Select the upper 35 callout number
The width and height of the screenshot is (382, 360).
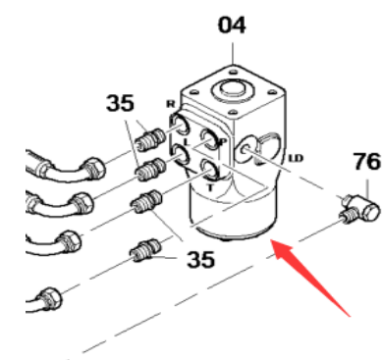(121, 103)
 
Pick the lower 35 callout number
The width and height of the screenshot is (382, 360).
(200, 260)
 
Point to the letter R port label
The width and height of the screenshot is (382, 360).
(171, 104)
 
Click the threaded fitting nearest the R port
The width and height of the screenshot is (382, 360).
(151, 132)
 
